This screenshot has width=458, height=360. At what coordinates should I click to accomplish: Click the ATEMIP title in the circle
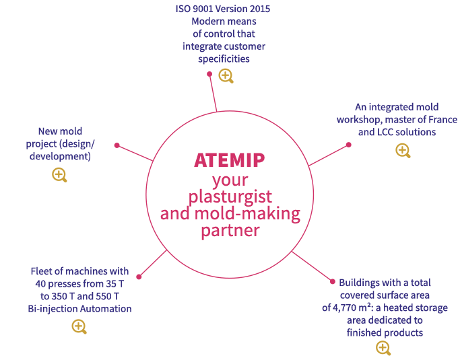tap(229, 160)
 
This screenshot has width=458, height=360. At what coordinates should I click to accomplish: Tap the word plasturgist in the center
tap(230, 197)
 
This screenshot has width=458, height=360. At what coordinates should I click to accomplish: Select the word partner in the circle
tap(230, 230)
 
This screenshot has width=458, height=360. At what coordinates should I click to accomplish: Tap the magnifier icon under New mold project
tap(59, 175)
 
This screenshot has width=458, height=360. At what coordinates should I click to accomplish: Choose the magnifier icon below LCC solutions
tap(403, 150)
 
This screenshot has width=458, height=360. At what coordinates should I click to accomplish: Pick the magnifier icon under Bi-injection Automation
tap(79, 326)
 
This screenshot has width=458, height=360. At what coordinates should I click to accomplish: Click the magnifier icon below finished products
tap(383, 347)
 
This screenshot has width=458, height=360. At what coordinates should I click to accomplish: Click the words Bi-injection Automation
tap(79, 309)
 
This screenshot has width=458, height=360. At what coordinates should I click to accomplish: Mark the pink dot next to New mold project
tap(117, 145)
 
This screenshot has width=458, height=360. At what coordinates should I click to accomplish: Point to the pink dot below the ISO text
tap(209, 74)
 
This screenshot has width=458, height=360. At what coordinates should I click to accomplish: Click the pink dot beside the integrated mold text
tap(348, 144)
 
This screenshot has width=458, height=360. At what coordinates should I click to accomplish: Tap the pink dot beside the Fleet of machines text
tap(139, 276)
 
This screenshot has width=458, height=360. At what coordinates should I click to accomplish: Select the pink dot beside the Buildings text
tap(331, 281)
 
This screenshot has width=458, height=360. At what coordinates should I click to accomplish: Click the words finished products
tap(385, 332)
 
